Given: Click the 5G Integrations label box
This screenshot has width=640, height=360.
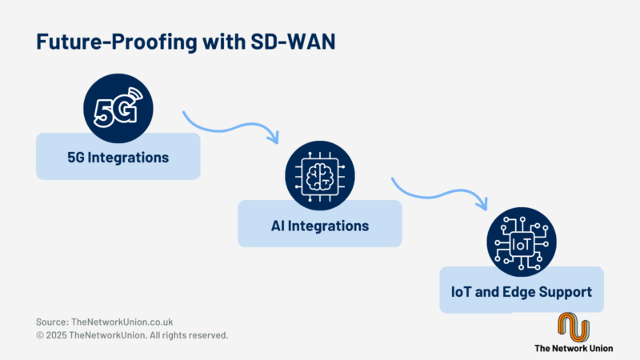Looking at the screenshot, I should [x=118, y=157].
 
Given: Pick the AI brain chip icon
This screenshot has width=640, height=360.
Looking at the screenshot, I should [x=319, y=178].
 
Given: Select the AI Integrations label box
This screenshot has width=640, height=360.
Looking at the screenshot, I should [x=319, y=225].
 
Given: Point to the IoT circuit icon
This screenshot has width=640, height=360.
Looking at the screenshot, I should [x=521, y=244].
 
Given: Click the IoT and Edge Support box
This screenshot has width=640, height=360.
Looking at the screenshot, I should [x=521, y=291].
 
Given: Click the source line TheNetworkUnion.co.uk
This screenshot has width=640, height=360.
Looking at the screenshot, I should [x=105, y=321].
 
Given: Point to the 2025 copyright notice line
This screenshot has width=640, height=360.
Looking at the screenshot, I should [x=132, y=335].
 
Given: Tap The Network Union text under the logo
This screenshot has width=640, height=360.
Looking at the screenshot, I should [x=573, y=349].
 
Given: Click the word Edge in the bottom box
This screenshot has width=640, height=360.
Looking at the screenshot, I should [x=519, y=292].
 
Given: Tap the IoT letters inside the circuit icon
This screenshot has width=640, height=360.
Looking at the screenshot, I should [x=521, y=245].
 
